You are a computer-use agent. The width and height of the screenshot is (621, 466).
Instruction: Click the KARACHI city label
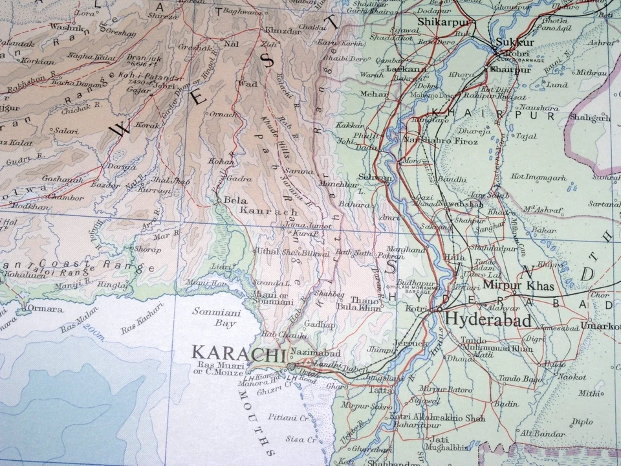[239, 354]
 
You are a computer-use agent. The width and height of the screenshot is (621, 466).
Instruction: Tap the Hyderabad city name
[488, 320]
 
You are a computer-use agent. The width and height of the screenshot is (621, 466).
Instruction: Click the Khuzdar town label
[280, 30]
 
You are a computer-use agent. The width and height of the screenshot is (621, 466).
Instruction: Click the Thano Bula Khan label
[365, 304]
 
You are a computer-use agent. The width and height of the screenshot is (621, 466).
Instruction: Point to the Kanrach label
[278, 211]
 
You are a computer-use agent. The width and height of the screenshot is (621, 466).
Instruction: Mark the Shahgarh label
[589, 118]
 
